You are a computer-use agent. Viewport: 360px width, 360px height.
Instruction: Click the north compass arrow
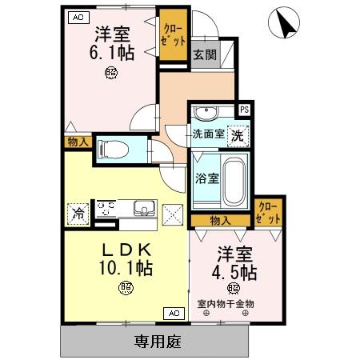click(x=285, y=22)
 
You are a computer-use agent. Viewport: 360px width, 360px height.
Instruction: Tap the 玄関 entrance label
click(x=203, y=56)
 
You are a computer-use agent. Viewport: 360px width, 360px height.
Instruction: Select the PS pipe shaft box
click(x=245, y=110)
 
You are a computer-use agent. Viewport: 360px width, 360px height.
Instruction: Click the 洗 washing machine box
click(x=238, y=136)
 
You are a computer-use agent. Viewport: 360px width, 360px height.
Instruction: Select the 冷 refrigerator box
click(x=78, y=213)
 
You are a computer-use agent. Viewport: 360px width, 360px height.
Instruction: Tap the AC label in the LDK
click(x=174, y=313)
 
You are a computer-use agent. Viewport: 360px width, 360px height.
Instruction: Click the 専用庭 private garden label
click(x=156, y=342)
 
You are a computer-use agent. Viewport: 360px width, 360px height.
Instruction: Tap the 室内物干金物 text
click(x=226, y=304)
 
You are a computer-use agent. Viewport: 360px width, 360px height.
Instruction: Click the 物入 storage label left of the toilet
click(x=78, y=142)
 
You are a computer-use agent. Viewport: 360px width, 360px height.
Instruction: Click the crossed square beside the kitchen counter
click(x=173, y=214)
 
